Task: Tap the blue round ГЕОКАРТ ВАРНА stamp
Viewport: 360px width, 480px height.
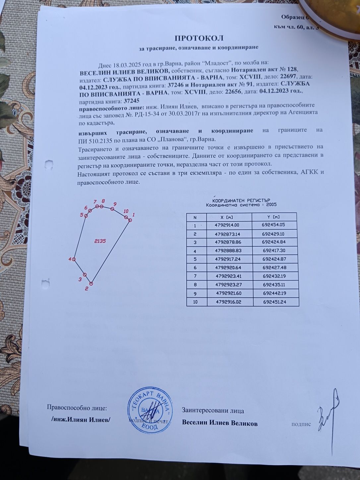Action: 151,409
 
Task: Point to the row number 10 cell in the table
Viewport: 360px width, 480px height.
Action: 195,302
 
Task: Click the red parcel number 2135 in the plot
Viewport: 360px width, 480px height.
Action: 100,241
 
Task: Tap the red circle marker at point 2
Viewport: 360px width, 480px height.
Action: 91,283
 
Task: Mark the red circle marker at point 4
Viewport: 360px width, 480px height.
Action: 74,259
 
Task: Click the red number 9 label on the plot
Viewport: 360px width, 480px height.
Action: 115,204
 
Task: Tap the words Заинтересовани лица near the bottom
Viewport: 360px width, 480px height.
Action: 213,411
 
